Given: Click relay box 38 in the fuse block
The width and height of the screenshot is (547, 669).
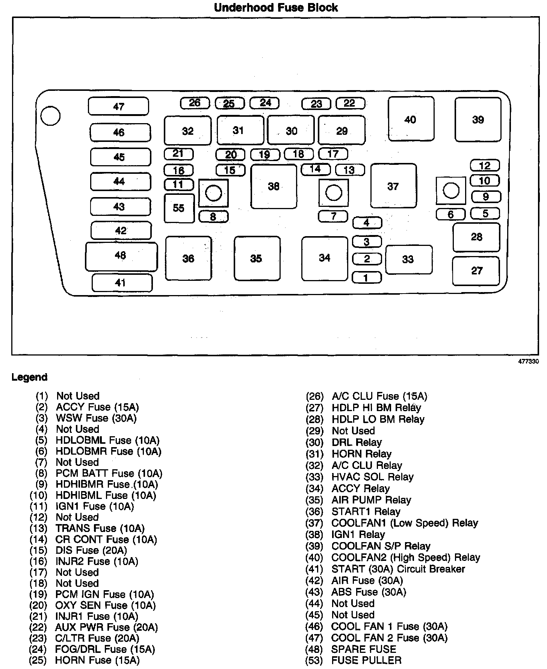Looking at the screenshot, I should click(273, 186).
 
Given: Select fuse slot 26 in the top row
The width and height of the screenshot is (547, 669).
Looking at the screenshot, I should click(195, 103).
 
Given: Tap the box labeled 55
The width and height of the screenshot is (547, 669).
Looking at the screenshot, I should click(179, 208).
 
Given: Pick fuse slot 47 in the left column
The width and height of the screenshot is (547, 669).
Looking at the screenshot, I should click(118, 106).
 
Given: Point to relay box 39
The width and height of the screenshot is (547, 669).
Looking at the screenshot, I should click(478, 119).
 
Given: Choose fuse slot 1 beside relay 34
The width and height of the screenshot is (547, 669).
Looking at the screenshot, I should click(366, 278).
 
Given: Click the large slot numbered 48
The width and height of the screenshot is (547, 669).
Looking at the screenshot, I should click(121, 256).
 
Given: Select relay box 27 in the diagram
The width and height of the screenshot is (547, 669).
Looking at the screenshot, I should click(476, 271).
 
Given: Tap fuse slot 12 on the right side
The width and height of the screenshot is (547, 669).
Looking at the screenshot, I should click(485, 166).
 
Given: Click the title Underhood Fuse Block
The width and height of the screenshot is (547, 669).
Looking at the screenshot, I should click(276, 8).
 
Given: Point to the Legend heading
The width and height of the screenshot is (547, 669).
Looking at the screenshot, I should click(29, 377).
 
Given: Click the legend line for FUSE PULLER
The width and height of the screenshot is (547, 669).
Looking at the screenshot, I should click(366, 660).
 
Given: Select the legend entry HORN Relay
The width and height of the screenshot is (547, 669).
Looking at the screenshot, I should click(361, 454).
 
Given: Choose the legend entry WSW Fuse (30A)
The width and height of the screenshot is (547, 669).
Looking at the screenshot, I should click(96, 418).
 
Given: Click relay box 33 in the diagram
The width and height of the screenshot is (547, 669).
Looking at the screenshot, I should click(408, 259).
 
